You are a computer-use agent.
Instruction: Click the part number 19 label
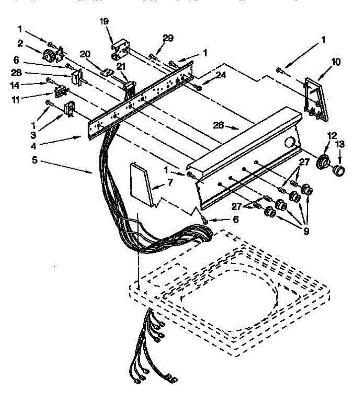tap(104, 22)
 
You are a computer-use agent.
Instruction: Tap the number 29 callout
tap(168, 38)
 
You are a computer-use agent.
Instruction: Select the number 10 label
tap(336, 62)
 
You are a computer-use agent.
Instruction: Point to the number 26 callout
tap(218, 126)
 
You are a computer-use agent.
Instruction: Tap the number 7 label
tap(170, 183)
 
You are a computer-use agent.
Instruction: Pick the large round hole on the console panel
tap(291, 143)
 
